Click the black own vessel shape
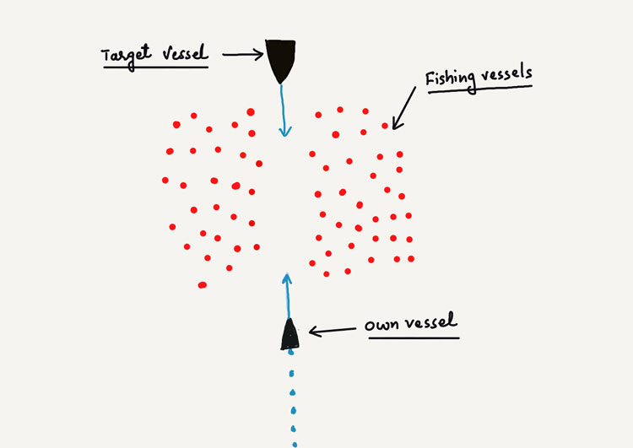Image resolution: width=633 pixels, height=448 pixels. [x=290, y=337]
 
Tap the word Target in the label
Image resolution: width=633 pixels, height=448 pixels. [x=125, y=55]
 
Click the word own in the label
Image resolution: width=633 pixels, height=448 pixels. [x=381, y=325]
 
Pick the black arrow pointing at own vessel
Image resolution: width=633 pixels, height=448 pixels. [x=333, y=332]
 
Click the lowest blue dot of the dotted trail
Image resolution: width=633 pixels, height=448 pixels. [x=295, y=441]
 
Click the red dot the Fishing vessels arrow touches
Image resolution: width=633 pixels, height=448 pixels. [x=385, y=126]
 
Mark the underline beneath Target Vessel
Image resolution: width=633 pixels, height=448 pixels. [x=155, y=67]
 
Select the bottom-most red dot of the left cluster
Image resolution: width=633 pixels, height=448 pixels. [x=202, y=285]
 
